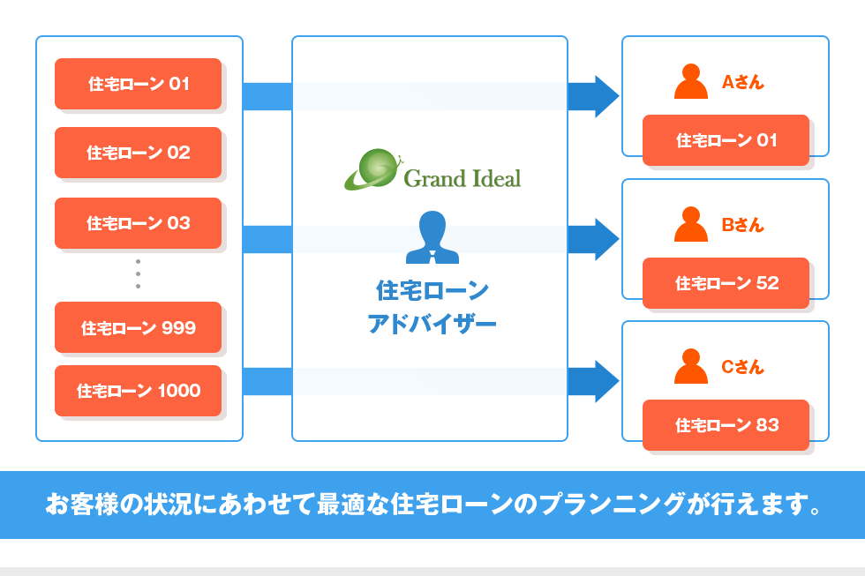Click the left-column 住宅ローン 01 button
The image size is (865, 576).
tap(138, 84)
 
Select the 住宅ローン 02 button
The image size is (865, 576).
tap(138, 153)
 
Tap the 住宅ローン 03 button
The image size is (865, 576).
tap(138, 222)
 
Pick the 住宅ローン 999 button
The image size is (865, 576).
tap(138, 327)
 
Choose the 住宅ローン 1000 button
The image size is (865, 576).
tap(138, 390)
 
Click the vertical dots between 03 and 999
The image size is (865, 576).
tap(138, 273)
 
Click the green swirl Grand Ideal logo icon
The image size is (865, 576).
tap(372, 169)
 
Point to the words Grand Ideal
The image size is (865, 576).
tap(462, 178)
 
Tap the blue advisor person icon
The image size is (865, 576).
tap(432, 238)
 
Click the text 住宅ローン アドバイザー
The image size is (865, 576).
tap(432, 307)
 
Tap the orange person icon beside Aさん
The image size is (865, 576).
tap(690, 82)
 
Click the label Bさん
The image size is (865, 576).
tap(742, 225)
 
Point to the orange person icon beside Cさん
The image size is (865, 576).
tap(690, 367)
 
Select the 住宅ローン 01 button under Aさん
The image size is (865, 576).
tap(726, 139)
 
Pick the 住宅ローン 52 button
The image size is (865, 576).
tap(726, 282)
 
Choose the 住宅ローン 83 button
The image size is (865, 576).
tap(726, 424)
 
